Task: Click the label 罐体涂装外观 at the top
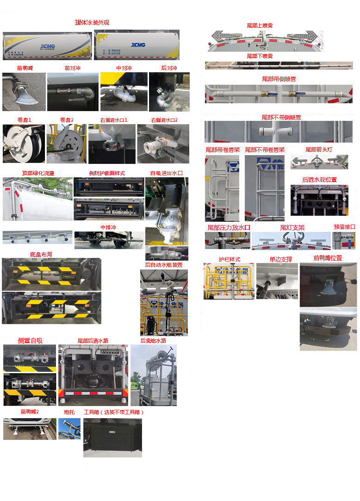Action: coord(92,23)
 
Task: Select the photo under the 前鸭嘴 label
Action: coord(24,92)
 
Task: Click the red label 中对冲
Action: coord(124,68)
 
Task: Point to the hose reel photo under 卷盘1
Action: coord(24,143)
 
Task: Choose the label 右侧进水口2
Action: coord(164,120)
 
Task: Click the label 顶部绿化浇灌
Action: coord(38,173)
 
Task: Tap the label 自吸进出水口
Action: coord(166,173)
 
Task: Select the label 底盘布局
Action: coord(41,254)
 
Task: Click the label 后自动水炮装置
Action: coord(163,265)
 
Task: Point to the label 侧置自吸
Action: coord(30,340)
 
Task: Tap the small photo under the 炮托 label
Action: coord(69,429)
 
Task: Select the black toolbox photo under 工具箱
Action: coord(112,438)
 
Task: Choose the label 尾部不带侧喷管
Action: coord(281,117)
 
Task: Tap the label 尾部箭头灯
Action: coord(320,150)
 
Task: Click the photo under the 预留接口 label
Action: coord(344,240)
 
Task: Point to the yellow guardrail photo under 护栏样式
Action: coord(229,281)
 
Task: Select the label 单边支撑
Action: coord(281,259)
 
